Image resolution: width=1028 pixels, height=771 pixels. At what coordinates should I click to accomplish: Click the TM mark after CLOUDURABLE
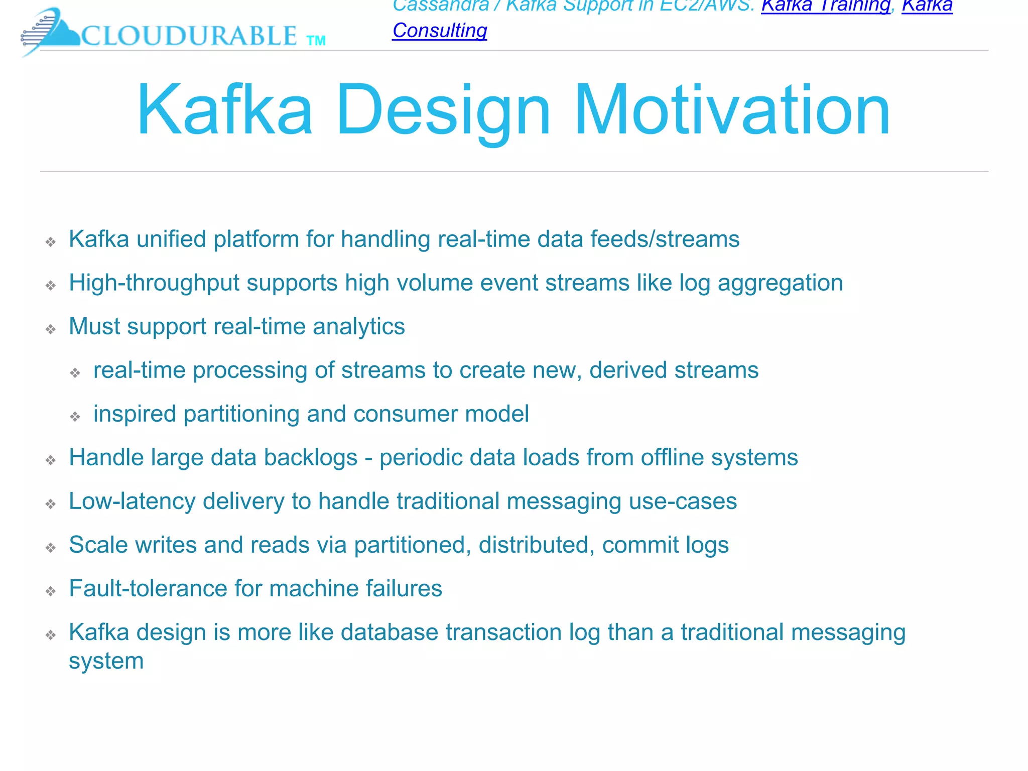(x=316, y=41)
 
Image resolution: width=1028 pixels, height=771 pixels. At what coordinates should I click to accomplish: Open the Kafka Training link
(x=826, y=6)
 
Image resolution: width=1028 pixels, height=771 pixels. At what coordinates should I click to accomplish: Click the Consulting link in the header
(x=440, y=31)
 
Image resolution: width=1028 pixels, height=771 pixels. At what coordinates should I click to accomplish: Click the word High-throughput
(x=154, y=283)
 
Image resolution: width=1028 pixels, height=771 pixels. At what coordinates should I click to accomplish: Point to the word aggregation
(x=780, y=283)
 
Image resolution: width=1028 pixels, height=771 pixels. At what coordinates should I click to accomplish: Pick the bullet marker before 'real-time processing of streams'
(x=75, y=373)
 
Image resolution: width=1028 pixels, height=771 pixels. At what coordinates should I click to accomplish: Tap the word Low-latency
(x=132, y=501)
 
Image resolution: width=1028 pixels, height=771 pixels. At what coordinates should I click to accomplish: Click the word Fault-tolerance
(x=148, y=588)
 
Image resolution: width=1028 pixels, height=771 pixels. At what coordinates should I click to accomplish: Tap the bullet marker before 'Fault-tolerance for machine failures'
(x=51, y=591)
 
